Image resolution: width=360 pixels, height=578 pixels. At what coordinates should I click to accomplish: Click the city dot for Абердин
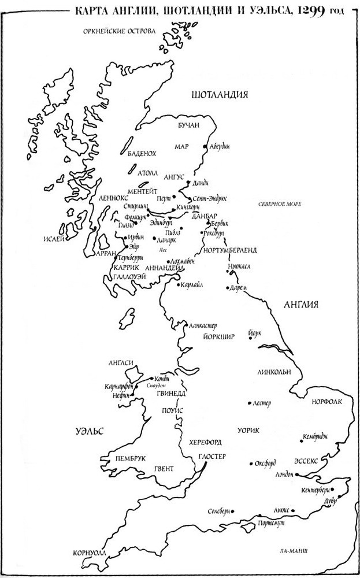(206, 147)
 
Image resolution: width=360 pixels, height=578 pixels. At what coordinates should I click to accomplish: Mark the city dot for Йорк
(250, 338)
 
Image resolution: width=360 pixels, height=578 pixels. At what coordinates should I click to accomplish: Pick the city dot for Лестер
(248, 402)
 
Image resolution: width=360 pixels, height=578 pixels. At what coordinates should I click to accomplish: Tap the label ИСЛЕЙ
(50, 238)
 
